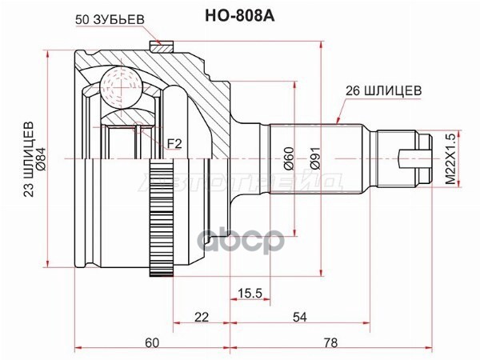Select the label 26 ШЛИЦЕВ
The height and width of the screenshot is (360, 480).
pos(384,90)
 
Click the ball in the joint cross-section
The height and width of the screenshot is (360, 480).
pos(121,86)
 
